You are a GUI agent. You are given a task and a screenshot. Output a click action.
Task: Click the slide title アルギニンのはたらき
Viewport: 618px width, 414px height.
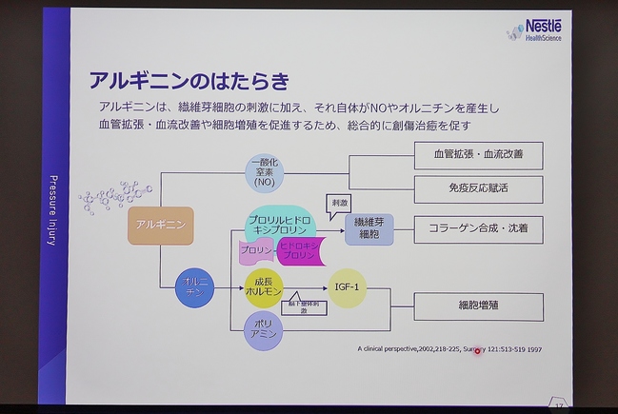coord(189,79)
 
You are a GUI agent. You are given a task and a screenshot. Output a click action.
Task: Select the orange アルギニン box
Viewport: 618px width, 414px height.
coord(160,225)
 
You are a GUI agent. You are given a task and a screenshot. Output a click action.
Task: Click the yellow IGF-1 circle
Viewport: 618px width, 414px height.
coord(347,287)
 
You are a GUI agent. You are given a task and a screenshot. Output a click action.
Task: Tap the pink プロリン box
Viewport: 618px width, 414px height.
coord(255,251)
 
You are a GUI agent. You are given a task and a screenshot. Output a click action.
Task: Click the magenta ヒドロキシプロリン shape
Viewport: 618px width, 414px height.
coord(299,251)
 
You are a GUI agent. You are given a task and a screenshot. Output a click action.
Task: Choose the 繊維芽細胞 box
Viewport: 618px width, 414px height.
coord(369,228)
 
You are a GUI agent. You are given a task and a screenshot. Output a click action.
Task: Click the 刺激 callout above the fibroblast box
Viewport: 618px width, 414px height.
coord(338,203)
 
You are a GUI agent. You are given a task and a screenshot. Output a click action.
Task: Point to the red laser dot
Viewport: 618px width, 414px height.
coord(478,351)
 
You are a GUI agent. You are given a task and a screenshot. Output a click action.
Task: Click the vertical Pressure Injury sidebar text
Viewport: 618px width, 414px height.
coord(54,208)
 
